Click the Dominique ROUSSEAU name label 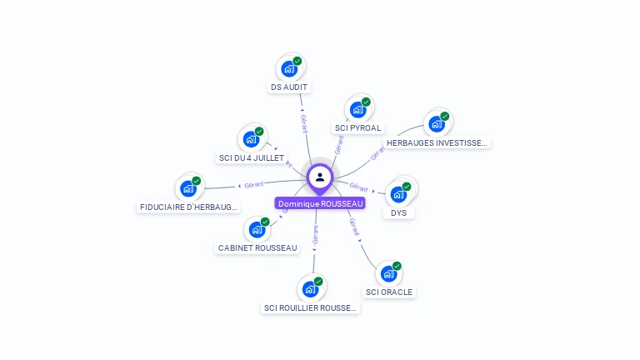click(x=321, y=203)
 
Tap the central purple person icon click(x=320, y=177)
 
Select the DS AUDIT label click(x=289, y=87)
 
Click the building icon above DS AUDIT click(x=289, y=68)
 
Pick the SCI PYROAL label click(x=357, y=128)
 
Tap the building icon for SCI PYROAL click(x=357, y=109)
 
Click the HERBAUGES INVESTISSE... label click(x=437, y=142)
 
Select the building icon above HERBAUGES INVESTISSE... click(x=436, y=124)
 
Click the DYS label click(x=399, y=212)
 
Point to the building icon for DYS click(x=398, y=194)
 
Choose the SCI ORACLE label click(x=389, y=292)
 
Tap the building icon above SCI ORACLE click(x=388, y=273)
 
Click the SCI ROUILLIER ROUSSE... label click(x=310, y=308)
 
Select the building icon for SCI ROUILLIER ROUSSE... click(x=310, y=289)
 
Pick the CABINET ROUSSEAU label click(x=257, y=247)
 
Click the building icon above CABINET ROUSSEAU click(x=257, y=229)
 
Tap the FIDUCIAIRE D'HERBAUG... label click(x=188, y=207)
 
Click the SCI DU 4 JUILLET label click(x=251, y=157)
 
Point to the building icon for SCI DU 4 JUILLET click(x=250, y=139)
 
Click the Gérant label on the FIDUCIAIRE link click(x=253, y=184)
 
